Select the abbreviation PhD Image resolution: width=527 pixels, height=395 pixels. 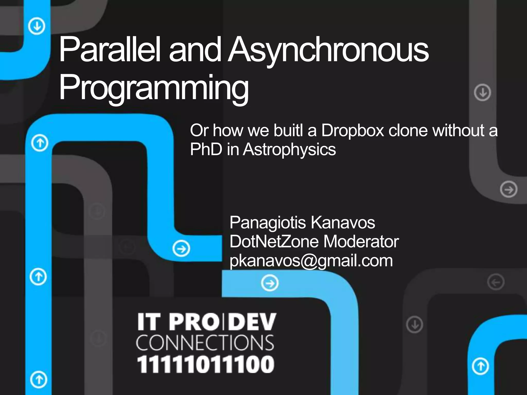coord(206,149)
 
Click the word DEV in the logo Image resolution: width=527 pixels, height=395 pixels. coord(252,322)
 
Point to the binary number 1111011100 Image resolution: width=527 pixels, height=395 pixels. coord(206,364)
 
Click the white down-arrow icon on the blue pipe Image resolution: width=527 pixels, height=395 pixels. coord(37,26)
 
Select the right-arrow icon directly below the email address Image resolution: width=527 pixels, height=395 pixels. coord(269,283)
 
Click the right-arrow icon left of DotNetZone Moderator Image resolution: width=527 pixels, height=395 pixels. coord(181,249)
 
